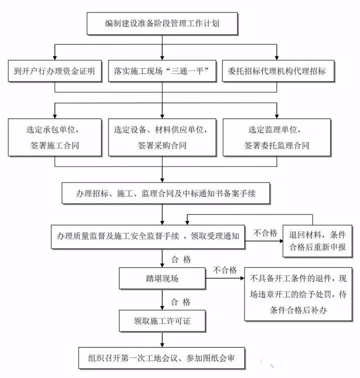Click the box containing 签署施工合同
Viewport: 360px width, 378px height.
(54, 136)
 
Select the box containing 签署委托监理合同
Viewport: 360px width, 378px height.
(276, 136)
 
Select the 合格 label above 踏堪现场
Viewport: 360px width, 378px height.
(180, 259)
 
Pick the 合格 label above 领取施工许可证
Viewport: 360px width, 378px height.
(180, 301)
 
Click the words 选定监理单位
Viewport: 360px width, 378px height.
(276, 129)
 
